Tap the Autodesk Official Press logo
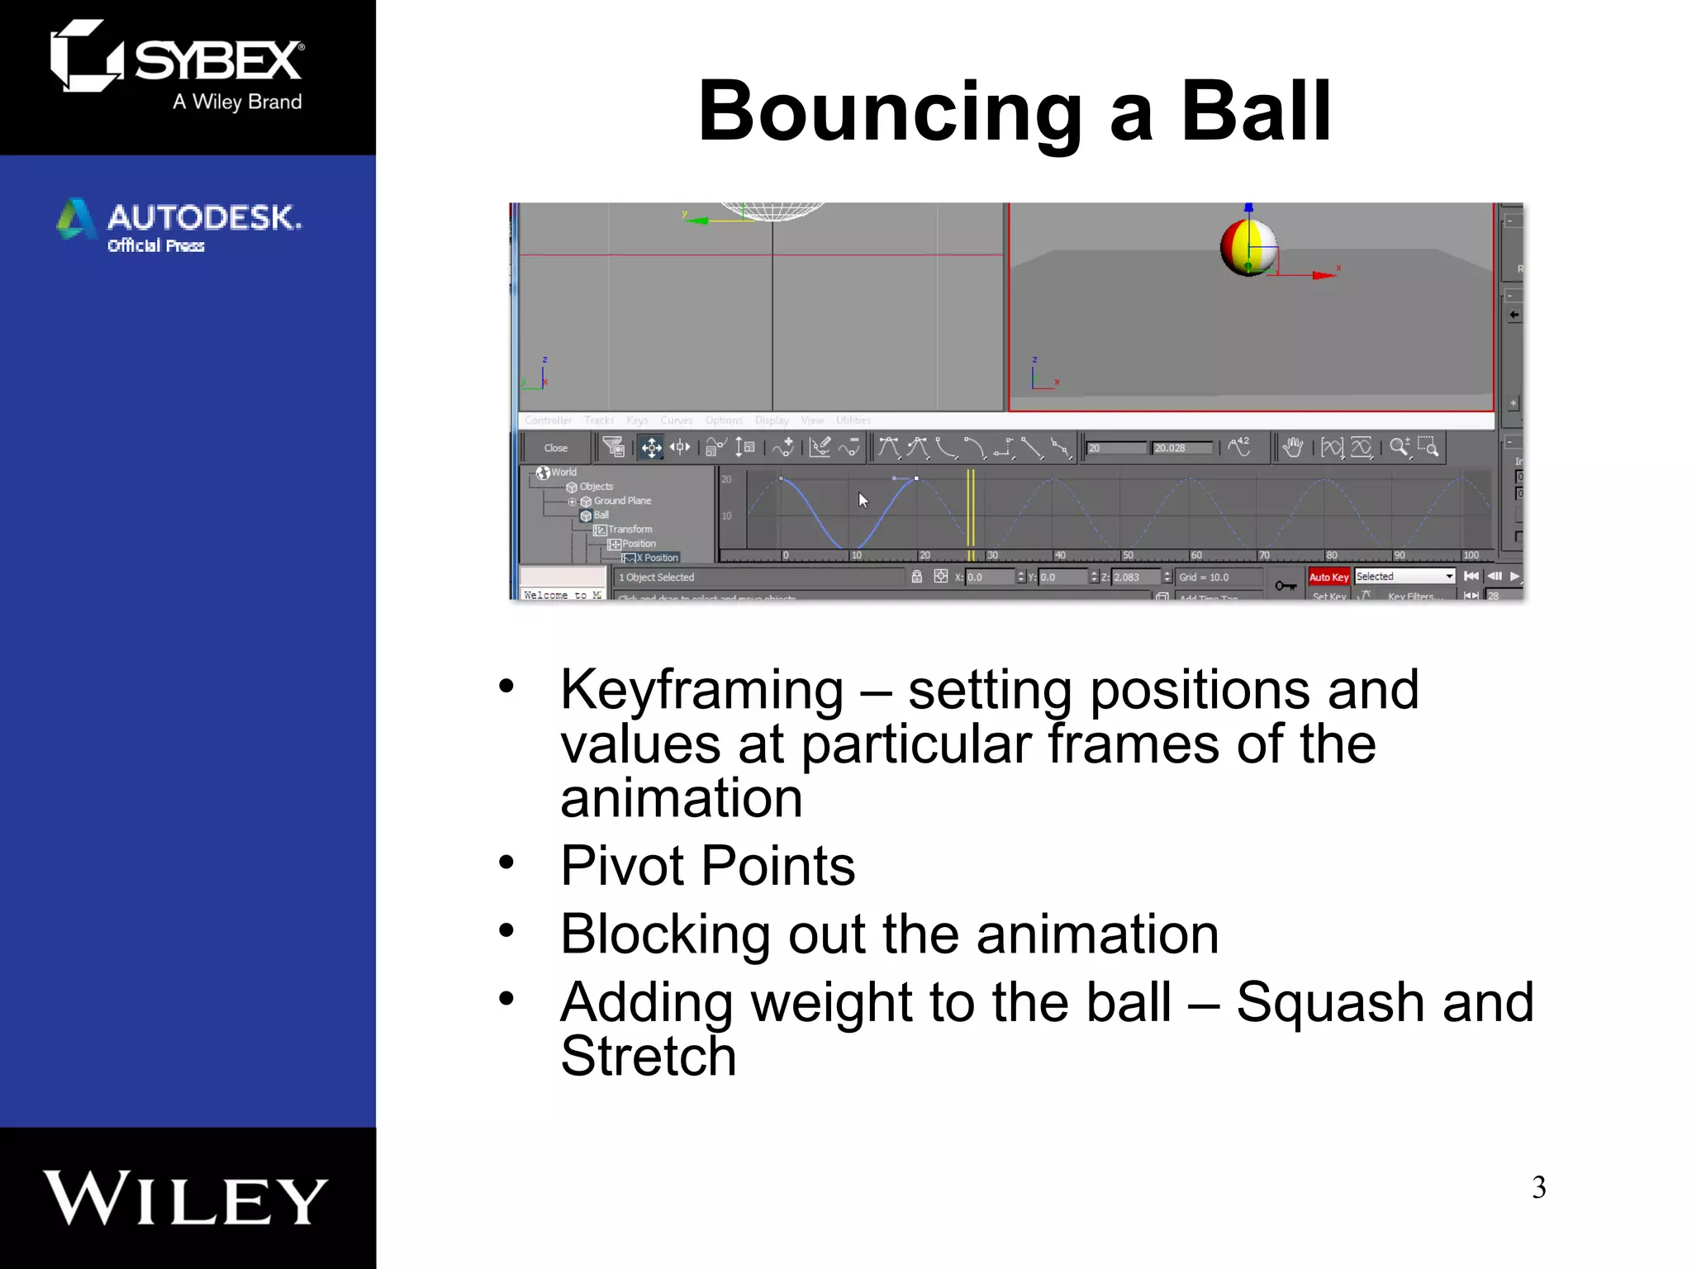coord(179,225)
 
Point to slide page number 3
coord(1538,1187)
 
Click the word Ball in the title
coord(1255,112)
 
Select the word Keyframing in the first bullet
coord(701,690)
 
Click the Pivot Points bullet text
coord(707,866)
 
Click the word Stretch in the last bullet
coord(648,1056)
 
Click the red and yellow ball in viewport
coord(1247,247)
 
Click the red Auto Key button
coord(1328,577)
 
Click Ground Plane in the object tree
coord(621,501)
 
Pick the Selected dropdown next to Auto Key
coord(1404,577)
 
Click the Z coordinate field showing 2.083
coord(1136,577)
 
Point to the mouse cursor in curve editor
coord(862,499)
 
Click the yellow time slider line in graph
coord(971,512)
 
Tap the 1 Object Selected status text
coord(657,577)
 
